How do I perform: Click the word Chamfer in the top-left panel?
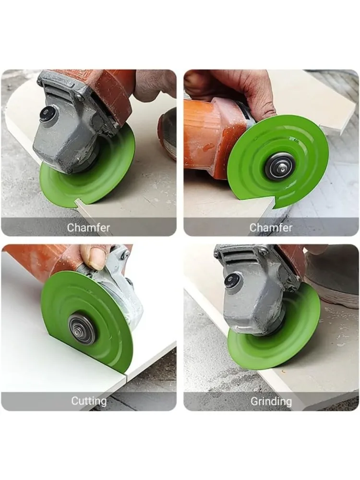pos(88,228)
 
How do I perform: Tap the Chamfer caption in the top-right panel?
pos(271,228)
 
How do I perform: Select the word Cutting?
pos(89,401)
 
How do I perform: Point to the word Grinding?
pos(271,401)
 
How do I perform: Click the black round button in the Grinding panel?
pos(232,281)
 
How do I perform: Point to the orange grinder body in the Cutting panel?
pos(46,260)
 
